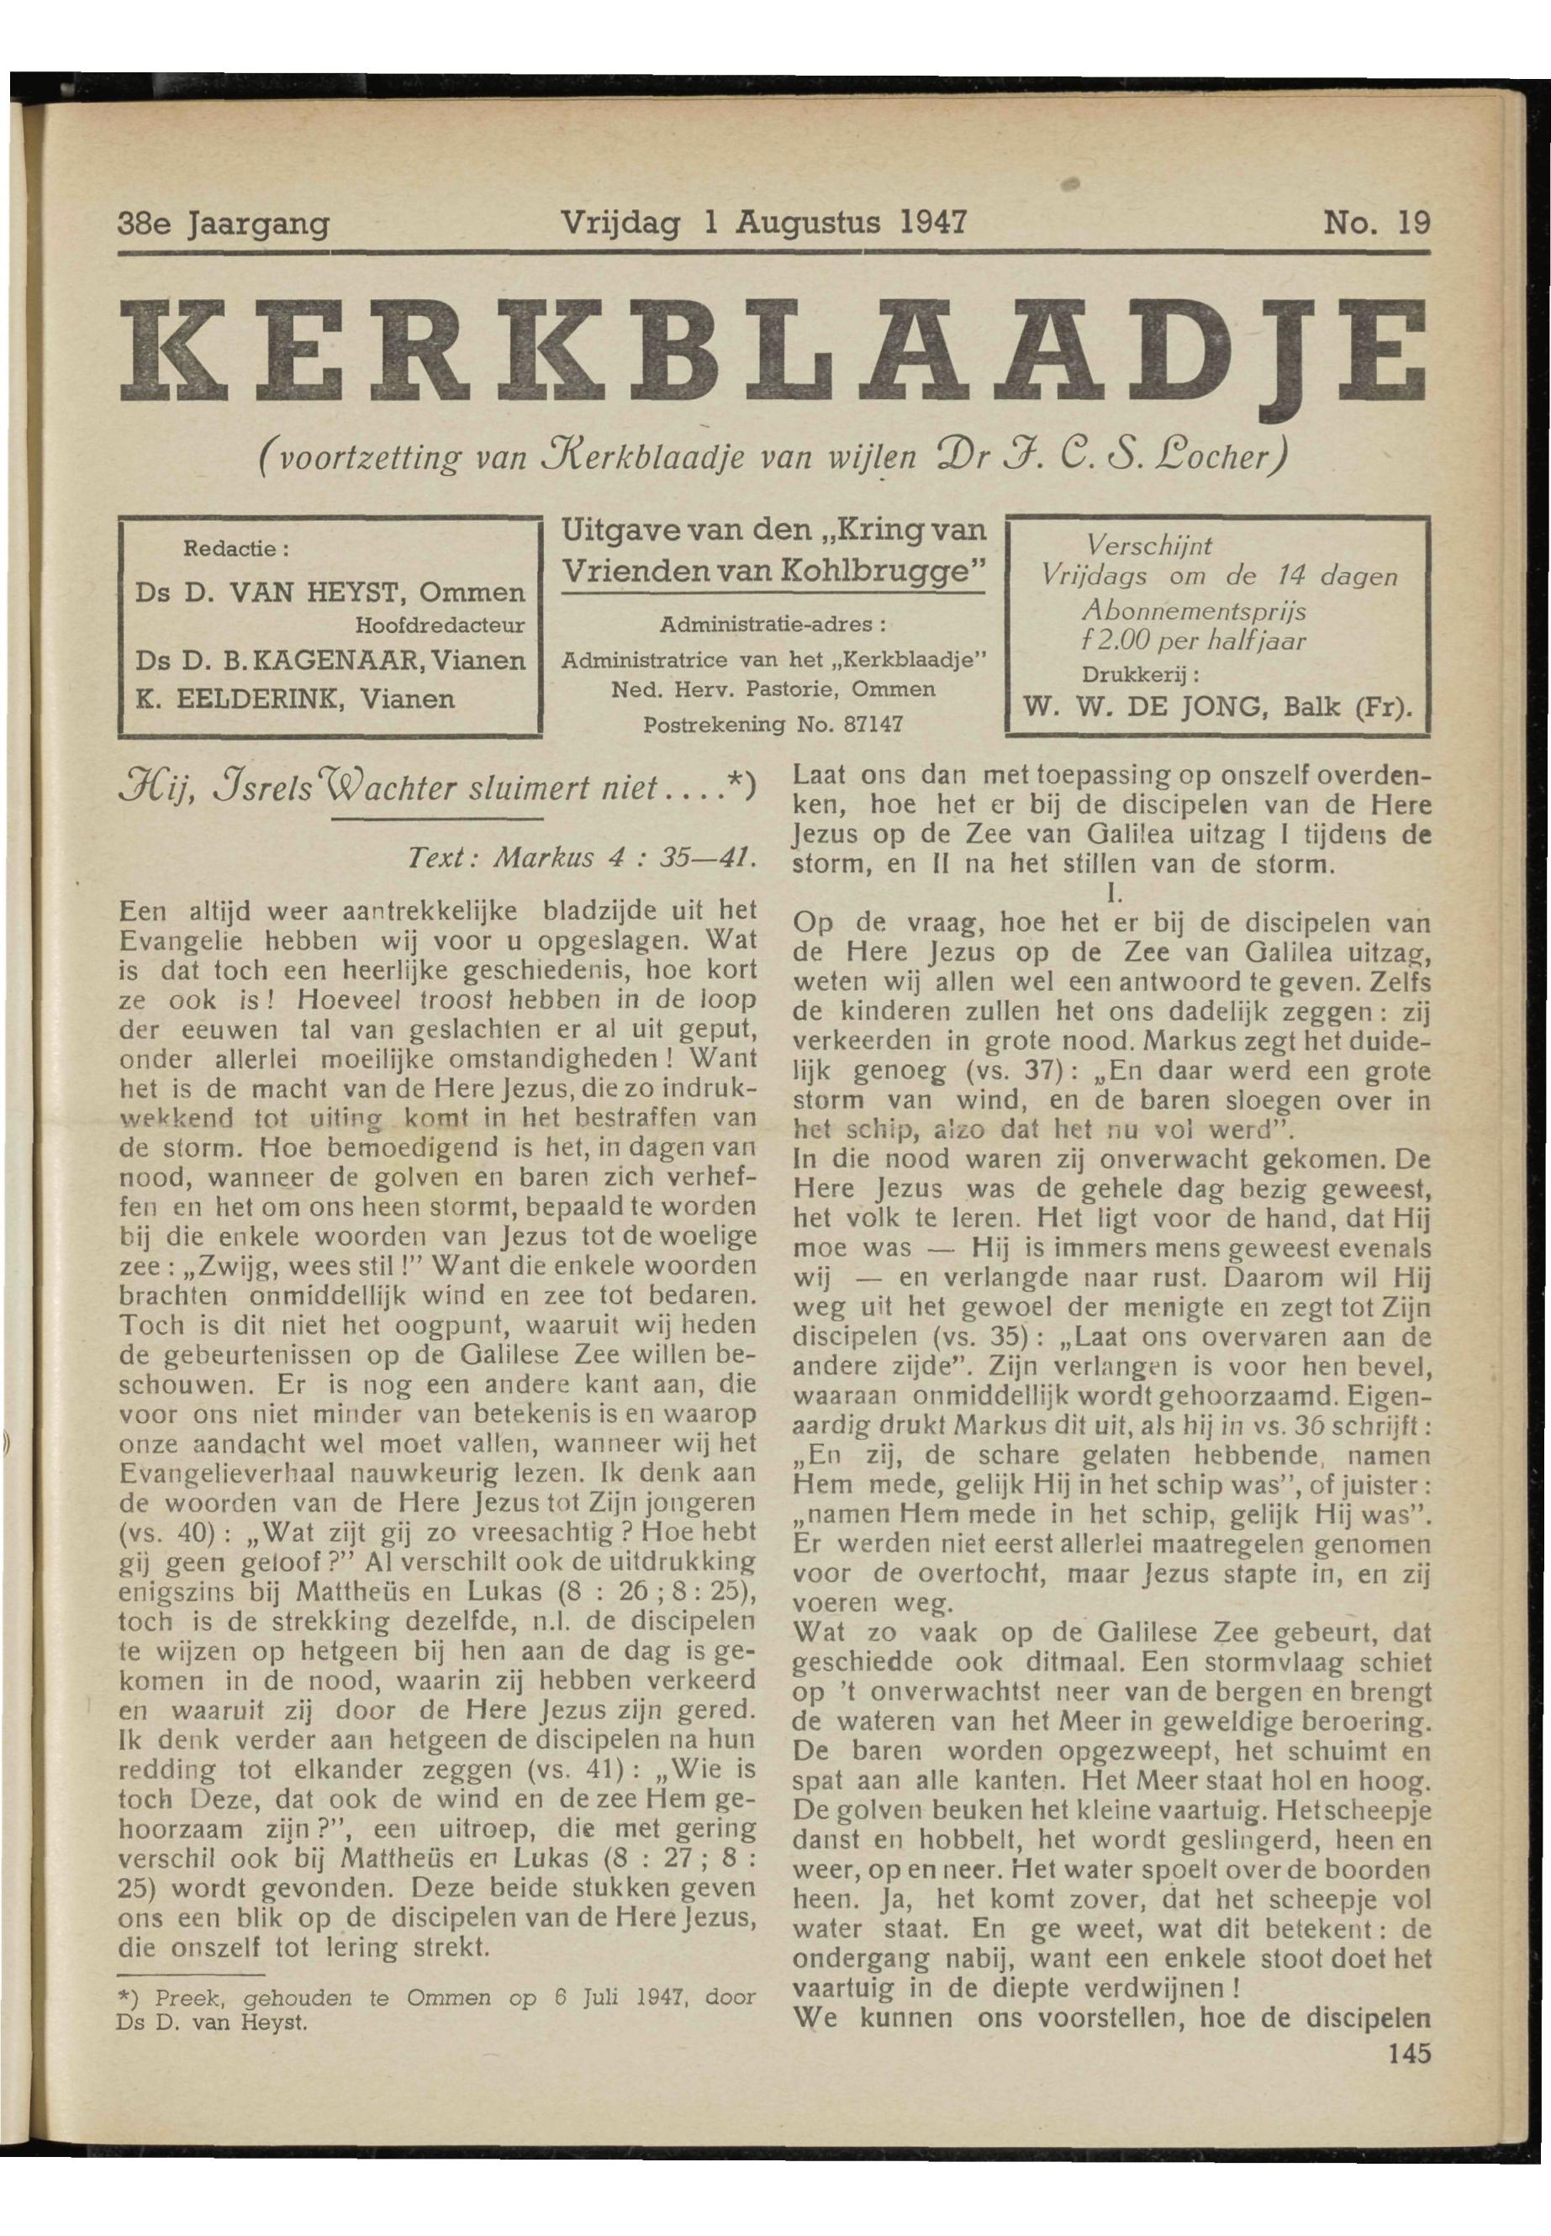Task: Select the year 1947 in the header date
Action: coord(931,224)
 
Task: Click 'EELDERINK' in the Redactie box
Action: coord(254,698)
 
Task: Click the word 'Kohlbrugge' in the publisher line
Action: coord(880,569)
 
